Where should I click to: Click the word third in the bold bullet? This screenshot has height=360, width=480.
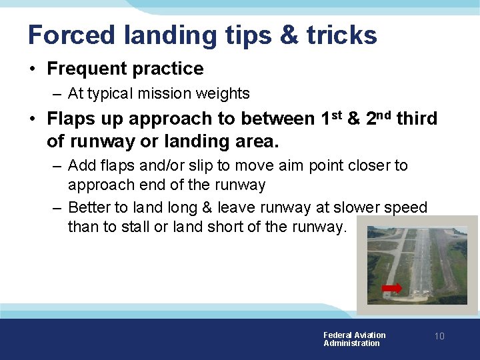[417, 119]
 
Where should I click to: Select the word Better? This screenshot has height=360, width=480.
[89, 207]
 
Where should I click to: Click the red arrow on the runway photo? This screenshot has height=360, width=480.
[392, 288]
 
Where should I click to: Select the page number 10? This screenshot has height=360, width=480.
[439, 336]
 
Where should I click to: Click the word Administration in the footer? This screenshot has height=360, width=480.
[351, 343]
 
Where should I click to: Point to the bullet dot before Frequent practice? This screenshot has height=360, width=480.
[32, 69]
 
